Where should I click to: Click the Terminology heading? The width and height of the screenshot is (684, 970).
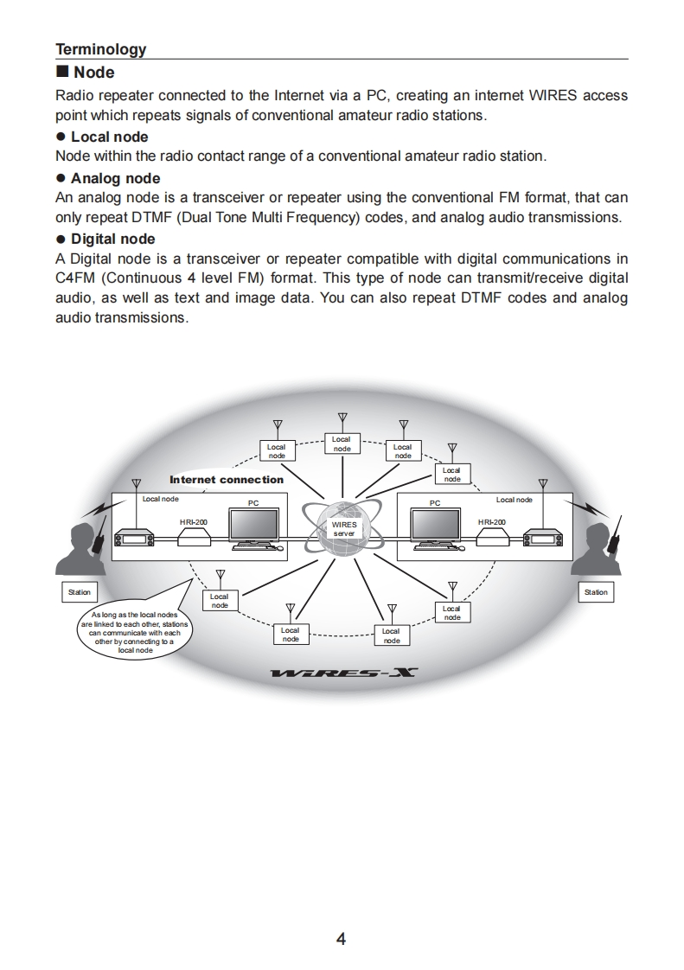100,49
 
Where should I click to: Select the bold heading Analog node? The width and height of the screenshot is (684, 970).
115,178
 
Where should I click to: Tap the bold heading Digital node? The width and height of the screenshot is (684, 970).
112,239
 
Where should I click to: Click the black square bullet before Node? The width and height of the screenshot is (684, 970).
61,73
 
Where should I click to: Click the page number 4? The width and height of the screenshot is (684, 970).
341,939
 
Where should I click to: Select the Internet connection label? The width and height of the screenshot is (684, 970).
227,480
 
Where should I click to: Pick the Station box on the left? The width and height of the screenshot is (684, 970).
79,592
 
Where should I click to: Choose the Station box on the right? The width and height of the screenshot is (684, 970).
596,592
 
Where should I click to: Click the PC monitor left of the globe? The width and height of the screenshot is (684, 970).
253,527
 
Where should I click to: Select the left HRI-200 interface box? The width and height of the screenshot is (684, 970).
194,538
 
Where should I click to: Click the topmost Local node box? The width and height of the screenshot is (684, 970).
342,444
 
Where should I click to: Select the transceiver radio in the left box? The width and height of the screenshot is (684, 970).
135,538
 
